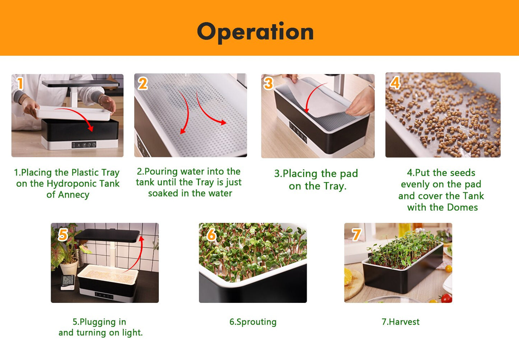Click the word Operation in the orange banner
pyautogui.click(x=255, y=32)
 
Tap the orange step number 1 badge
pyautogui.click(x=20, y=84)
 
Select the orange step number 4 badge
pyautogui.click(x=395, y=83)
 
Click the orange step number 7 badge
pyautogui.click(x=356, y=235)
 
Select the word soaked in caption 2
pyautogui.click(x=163, y=193)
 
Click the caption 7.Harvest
pyautogui.click(x=400, y=322)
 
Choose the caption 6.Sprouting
pyautogui.click(x=253, y=322)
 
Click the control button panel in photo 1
pyautogui.click(x=84, y=145)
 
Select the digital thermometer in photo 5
pyautogui.click(x=68, y=282)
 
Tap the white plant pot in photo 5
pyautogui.click(x=69, y=268)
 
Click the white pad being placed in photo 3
pyautogui.click(x=320, y=99)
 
